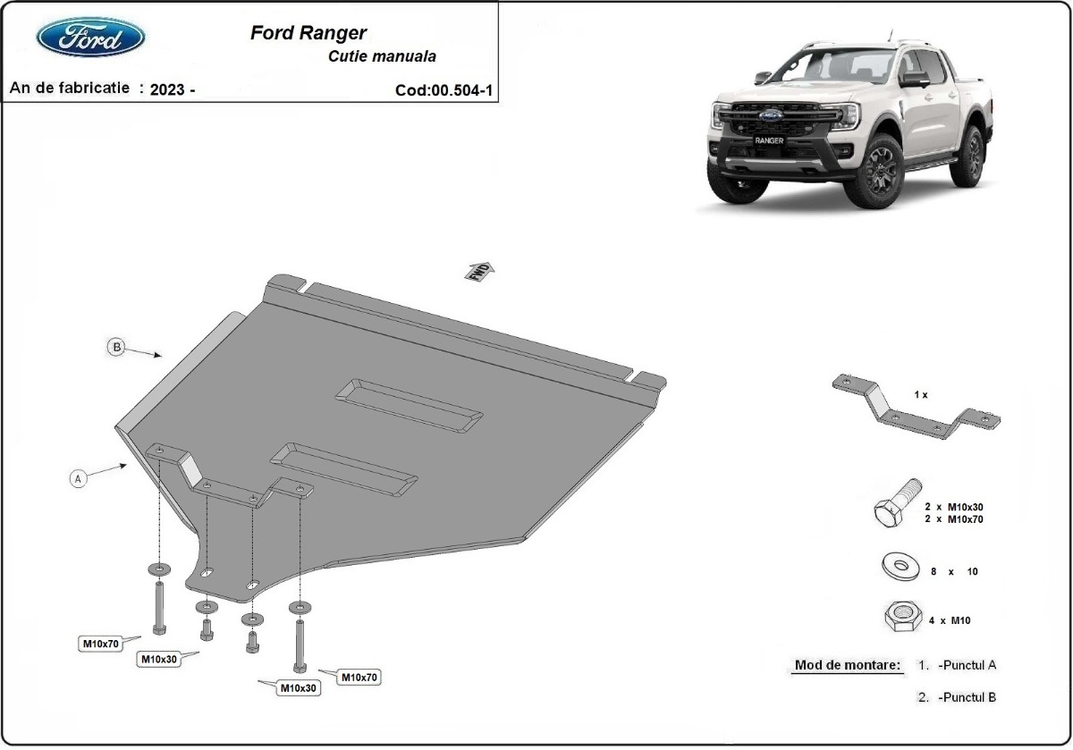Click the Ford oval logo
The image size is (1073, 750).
[x=90, y=38]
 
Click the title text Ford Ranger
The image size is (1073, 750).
[x=307, y=33]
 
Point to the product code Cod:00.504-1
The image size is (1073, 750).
[x=444, y=89]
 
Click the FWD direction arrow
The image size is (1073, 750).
[x=479, y=270]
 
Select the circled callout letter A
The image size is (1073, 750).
[x=79, y=479]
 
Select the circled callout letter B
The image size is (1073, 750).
[x=115, y=347]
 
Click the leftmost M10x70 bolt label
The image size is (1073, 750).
[x=100, y=642]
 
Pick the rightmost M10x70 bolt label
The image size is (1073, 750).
[x=358, y=678]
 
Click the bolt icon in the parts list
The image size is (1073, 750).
[x=896, y=503]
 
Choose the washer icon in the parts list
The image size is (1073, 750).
[x=896, y=566]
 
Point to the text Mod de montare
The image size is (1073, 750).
[x=847, y=665]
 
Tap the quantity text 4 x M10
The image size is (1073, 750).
[x=950, y=619]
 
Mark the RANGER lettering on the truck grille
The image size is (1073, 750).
[x=768, y=140]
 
